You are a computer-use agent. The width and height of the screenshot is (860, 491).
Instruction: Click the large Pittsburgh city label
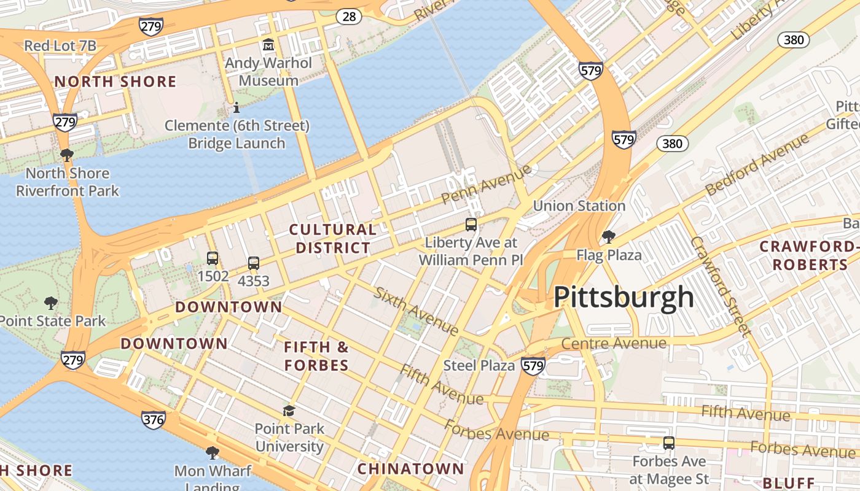tap(623, 297)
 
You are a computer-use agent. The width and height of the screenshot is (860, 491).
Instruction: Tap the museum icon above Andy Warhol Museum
tap(268, 45)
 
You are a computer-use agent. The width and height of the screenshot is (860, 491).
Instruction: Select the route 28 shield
tap(349, 17)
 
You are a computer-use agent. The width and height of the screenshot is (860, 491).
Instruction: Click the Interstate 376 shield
tap(153, 420)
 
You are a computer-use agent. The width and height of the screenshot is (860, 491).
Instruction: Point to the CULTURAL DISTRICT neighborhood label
tap(332, 239)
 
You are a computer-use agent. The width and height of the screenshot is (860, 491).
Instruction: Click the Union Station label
tap(579, 206)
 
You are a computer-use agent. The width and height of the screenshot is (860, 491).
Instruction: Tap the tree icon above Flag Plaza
tap(608, 236)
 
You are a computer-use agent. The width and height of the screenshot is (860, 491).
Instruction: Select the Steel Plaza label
tap(479, 366)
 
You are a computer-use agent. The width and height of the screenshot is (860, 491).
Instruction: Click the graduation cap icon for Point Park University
tap(289, 410)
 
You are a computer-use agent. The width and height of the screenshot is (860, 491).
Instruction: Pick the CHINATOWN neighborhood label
tap(411, 469)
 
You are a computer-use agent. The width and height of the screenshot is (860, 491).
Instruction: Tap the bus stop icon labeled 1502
tap(213, 258)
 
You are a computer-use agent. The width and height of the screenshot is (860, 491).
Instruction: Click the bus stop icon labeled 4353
tap(254, 263)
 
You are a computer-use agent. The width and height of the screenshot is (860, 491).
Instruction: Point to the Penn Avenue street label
tap(486, 184)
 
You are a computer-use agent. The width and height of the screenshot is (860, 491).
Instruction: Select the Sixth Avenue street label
tap(416, 311)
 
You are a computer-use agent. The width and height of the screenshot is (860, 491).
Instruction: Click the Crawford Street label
tap(721, 286)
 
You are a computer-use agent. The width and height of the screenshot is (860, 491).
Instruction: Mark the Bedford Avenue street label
tap(757, 164)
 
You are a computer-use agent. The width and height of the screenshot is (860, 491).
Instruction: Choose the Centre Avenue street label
tap(614, 343)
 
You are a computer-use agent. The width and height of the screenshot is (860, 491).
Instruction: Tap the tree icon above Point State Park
tap(51, 303)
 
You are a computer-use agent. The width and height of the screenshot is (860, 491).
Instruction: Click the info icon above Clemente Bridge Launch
tap(237, 108)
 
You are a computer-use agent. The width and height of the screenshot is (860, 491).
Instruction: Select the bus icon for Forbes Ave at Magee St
tap(669, 443)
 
